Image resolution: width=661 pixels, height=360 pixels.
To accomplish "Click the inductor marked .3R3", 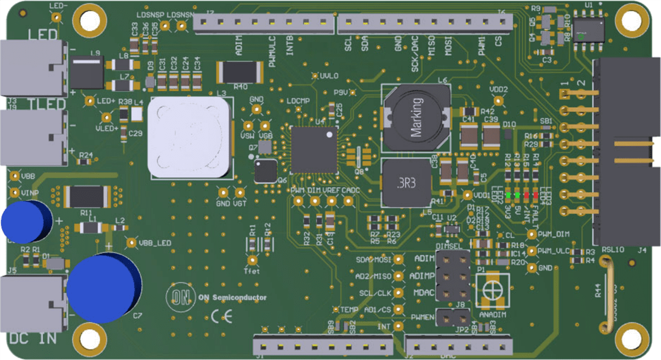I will pyautogui.click(x=406, y=182).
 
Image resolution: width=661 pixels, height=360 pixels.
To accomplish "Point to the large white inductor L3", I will pyautogui.click(x=189, y=137).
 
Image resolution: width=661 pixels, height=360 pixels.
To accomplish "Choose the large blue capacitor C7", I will pyautogui.click(x=102, y=286).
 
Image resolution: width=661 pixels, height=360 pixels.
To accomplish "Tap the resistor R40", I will pyautogui.click(x=239, y=72).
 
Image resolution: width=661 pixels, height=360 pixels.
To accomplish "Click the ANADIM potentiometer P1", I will pyautogui.click(x=492, y=287).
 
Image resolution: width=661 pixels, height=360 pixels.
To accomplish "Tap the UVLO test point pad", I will pyautogui.click(x=315, y=76).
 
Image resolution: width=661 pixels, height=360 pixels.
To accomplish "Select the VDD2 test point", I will pyautogui.click(x=499, y=100).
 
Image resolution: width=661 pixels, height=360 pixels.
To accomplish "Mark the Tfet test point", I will pyautogui.click(x=253, y=260).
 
